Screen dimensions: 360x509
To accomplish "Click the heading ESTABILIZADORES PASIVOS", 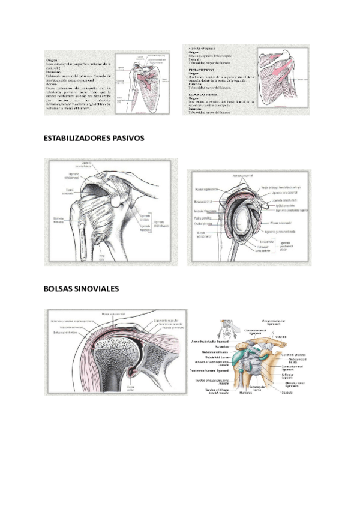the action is tap(94, 138).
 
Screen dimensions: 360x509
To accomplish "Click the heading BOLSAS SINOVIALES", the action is tap(81, 289).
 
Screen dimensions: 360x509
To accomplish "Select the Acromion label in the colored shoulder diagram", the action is tap(213, 346).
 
